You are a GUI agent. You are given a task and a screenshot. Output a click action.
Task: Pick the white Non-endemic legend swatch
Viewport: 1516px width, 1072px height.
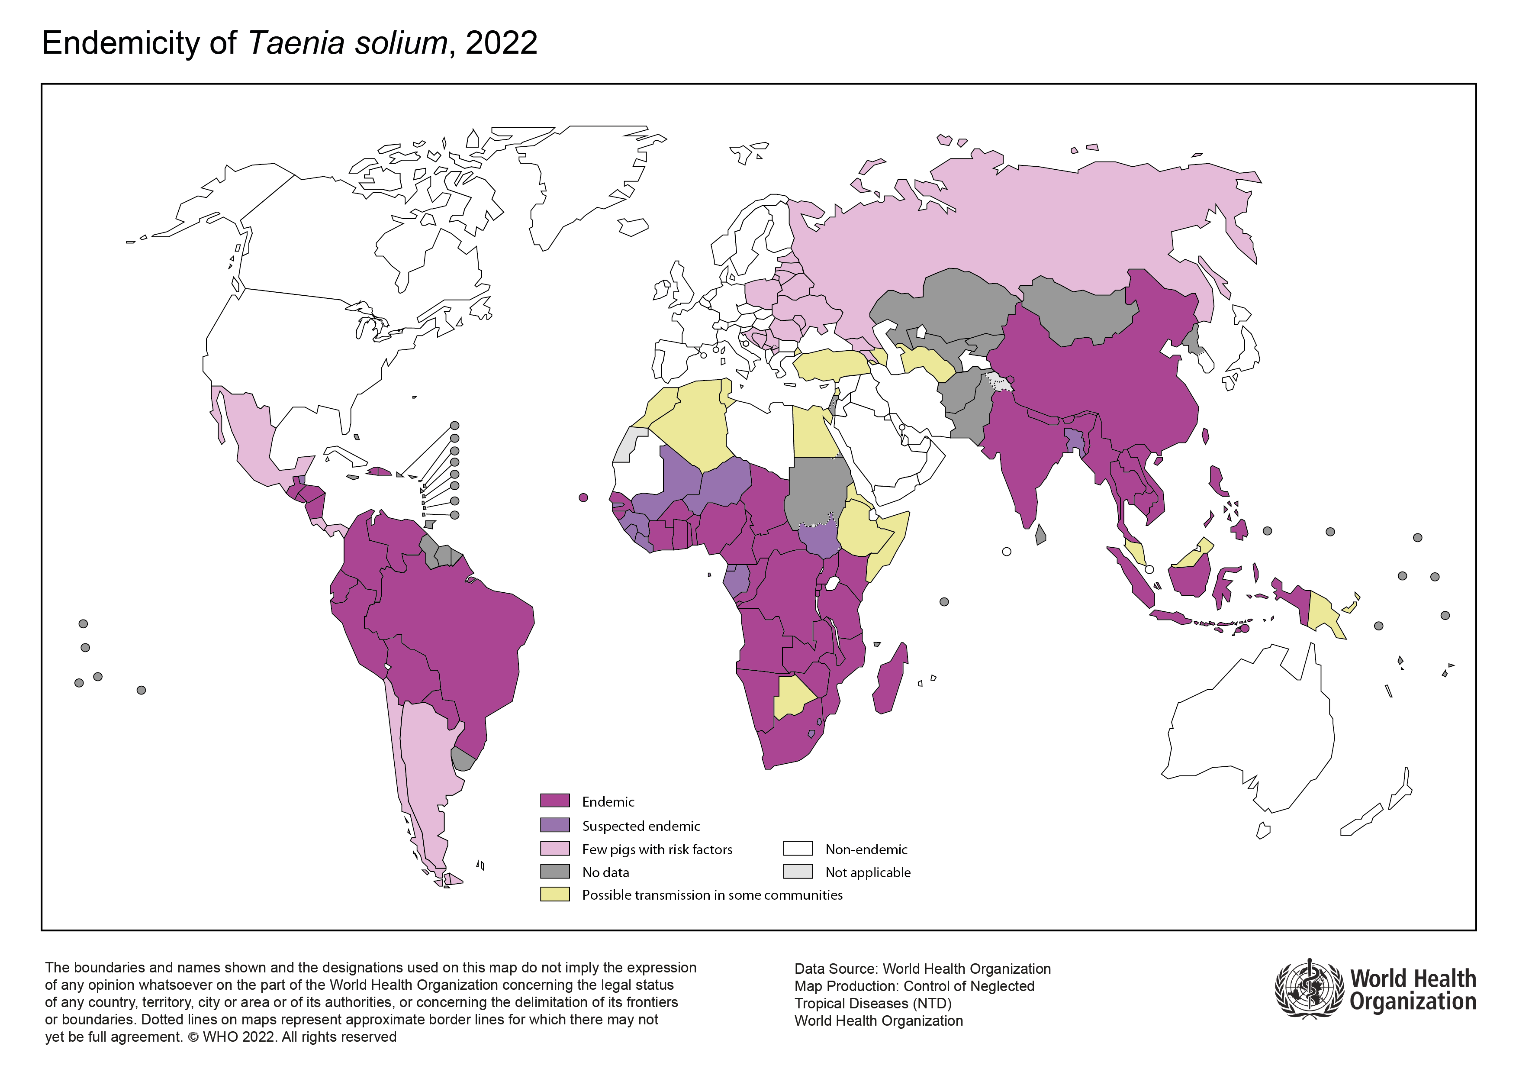pos(798,848)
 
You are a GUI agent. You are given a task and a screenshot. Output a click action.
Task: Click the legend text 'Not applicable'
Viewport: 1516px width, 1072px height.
pos(868,872)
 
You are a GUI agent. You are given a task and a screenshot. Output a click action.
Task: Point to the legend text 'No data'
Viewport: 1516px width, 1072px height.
pos(605,872)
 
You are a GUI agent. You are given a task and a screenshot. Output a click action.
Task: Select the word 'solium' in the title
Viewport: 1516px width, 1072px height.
pos(401,44)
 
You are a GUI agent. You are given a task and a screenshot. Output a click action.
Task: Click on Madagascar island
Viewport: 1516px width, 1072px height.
pos(892,680)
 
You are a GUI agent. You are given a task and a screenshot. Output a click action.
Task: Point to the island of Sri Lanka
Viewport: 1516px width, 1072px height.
pos(1040,535)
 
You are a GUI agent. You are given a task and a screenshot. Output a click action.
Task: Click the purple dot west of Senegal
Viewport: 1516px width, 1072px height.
pos(583,497)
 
